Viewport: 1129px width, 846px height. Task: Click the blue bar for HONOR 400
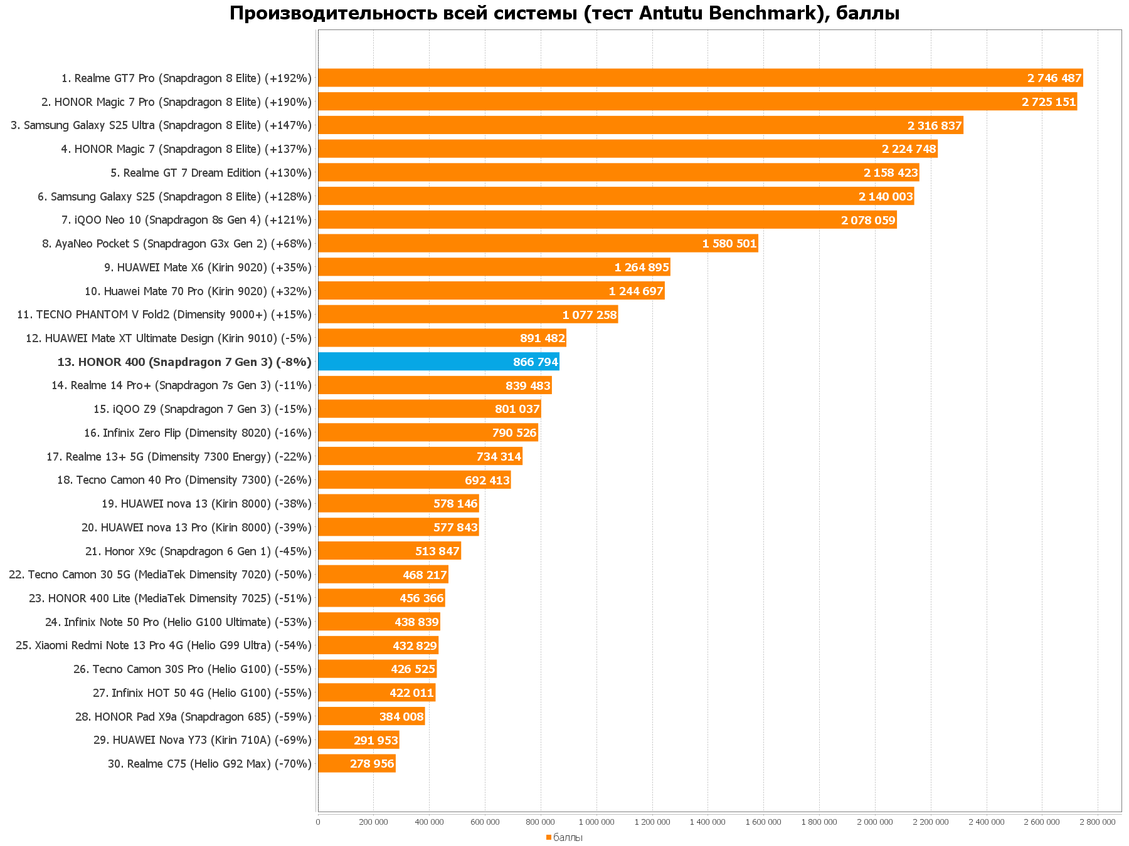[x=438, y=362]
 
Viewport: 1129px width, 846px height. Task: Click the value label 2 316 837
[x=935, y=125]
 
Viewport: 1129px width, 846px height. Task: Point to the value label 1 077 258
[x=590, y=315]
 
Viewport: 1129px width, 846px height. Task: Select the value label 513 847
[x=437, y=551]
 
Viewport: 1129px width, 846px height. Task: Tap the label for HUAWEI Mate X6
[x=208, y=268]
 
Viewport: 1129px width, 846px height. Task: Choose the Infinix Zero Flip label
[x=198, y=433]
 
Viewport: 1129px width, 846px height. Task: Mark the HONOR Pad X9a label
[x=193, y=716]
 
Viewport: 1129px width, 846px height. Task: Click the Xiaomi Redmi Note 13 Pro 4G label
[x=163, y=645]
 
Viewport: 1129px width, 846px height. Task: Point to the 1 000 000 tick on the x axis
[x=596, y=822]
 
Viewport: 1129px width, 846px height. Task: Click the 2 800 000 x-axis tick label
[x=1098, y=822]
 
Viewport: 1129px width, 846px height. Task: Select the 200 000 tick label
[x=373, y=822]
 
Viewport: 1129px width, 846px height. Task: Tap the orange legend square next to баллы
[x=548, y=837]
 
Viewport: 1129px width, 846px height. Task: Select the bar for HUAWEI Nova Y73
[x=358, y=740]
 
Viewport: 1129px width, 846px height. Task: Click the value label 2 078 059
[x=868, y=220]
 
